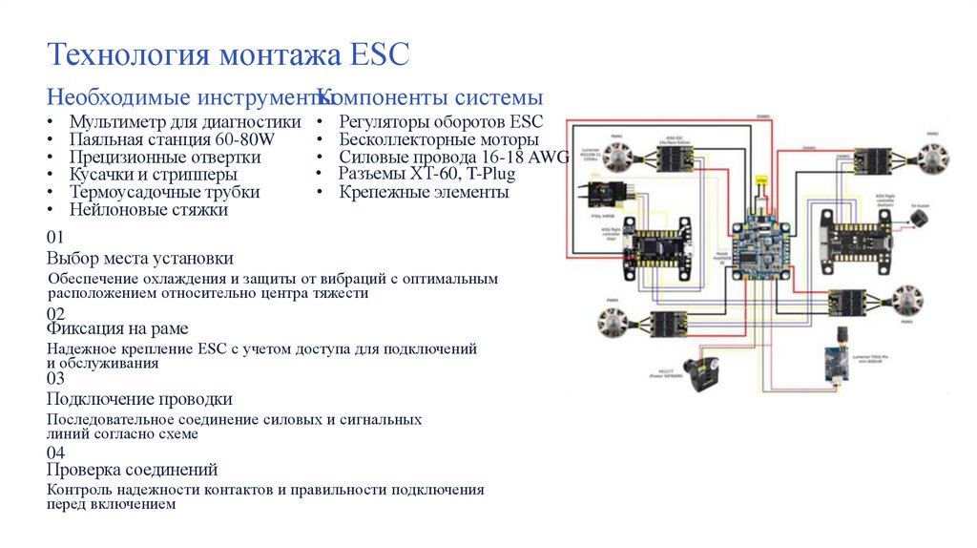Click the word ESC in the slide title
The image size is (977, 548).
coord(379,54)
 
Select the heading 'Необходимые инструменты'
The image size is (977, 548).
coord(181,97)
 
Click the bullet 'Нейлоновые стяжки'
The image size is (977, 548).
coord(148,209)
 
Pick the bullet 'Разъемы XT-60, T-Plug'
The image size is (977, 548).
coord(426,174)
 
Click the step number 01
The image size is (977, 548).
coord(55,238)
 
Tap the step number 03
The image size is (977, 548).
coord(55,378)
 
